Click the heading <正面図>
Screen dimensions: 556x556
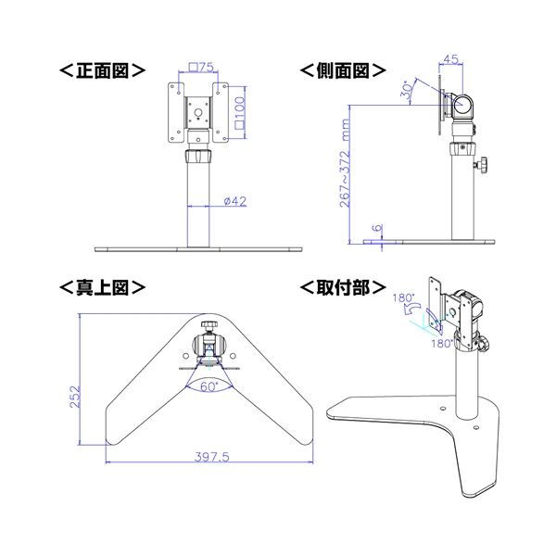pos(102,69)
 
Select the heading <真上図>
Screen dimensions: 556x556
pos(102,287)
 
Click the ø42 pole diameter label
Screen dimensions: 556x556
pos(234,200)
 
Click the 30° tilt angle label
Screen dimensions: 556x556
pos(409,90)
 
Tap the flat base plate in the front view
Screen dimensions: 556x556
pos(198,249)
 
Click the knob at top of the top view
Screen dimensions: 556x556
pos(210,326)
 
